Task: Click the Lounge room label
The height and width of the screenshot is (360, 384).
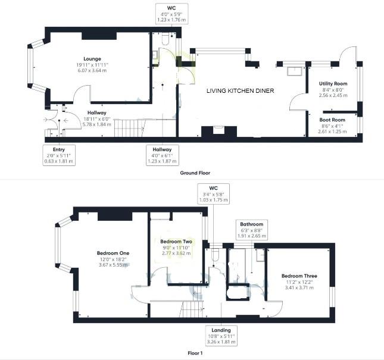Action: click(x=92, y=58)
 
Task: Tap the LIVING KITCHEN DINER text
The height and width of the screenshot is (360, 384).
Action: click(x=240, y=91)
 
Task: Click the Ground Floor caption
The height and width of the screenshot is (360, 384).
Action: click(x=195, y=173)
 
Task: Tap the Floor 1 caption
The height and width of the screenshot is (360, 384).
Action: click(x=195, y=353)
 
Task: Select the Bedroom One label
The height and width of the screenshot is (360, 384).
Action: click(x=113, y=252)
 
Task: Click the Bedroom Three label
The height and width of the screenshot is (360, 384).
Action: click(x=299, y=276)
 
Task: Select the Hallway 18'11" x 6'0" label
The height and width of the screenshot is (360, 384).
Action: click(x=96, y=112)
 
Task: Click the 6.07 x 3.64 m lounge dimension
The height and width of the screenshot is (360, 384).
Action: click(x=92, y=71)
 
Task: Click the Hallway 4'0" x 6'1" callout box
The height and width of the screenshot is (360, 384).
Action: click(x=162, y=154)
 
